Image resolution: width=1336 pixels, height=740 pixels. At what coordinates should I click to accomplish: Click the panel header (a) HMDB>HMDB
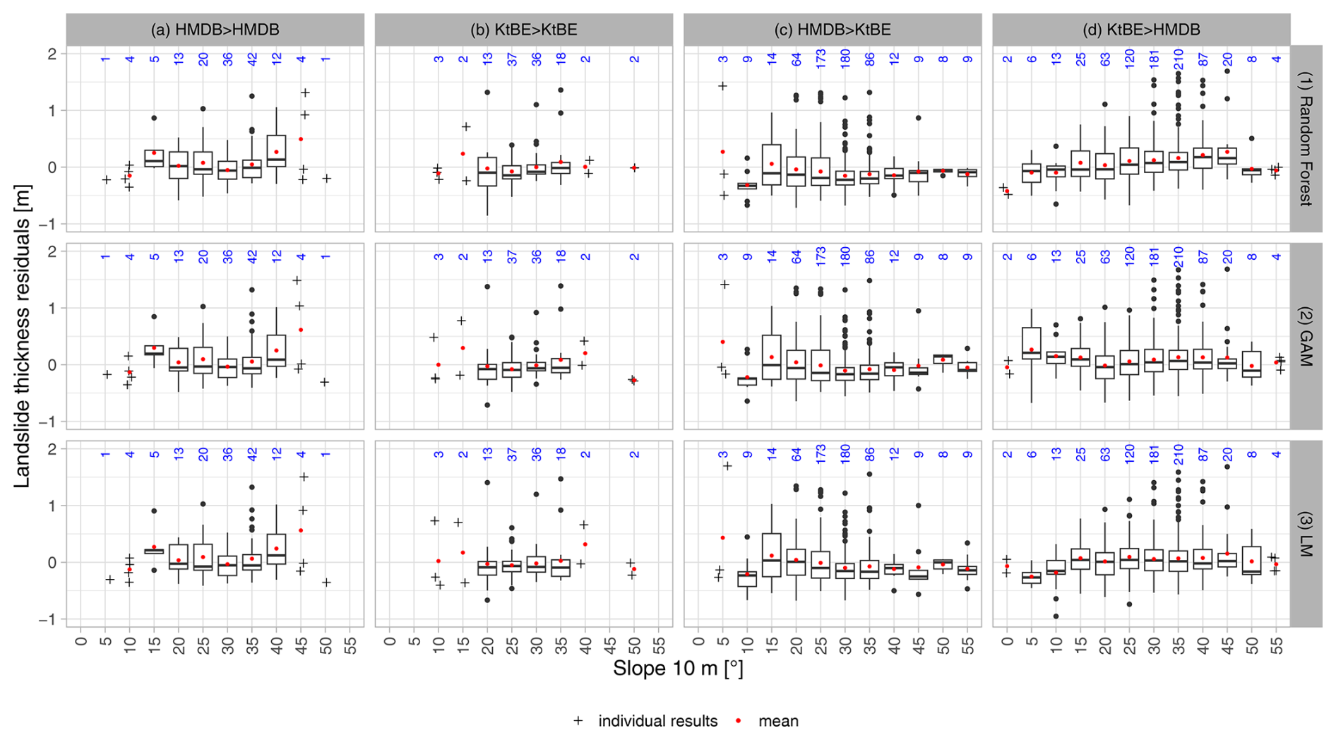tap(215, 30)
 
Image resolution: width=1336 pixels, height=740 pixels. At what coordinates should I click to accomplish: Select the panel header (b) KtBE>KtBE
tap(523, 30)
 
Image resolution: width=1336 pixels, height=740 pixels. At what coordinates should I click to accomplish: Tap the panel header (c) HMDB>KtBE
tap(832, 30)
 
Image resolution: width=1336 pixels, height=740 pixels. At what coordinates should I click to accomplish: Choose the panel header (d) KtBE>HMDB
tap(1141, 30)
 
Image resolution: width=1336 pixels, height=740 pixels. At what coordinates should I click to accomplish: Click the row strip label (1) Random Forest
tap(1306, 138)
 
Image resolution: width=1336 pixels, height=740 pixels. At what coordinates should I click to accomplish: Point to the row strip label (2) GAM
tap(1306, 336)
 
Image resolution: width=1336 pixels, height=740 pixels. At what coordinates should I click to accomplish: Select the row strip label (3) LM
tap(1306, 534)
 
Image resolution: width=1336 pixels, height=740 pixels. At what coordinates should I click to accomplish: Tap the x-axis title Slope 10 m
tap(678, 668)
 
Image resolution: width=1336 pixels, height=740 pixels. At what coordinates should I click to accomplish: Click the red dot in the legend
tap(739, 721)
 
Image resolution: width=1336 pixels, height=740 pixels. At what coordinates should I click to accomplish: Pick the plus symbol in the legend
tap(578, 721)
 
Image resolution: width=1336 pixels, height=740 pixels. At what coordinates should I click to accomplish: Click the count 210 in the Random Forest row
tap(1179, 59)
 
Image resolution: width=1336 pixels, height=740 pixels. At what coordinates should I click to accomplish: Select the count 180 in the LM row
tap(845, 455)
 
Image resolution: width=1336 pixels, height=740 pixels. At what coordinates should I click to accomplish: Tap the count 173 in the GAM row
tap(821, 257)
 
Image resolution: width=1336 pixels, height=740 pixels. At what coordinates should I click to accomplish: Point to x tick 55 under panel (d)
tap(1276, 645)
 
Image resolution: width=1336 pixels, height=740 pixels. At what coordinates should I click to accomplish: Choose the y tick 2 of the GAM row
tap(52, 251)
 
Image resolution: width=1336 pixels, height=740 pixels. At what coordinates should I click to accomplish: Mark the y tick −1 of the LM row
tap(50, 619)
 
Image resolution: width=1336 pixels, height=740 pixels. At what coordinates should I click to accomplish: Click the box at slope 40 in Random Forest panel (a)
tap(276, 150)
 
